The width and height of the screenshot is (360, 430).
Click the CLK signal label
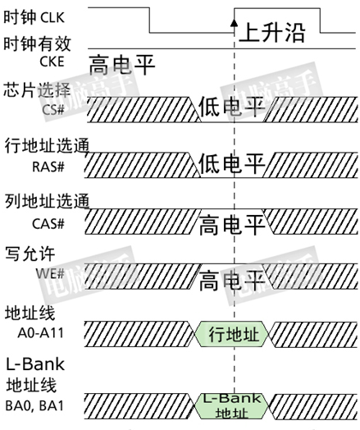click(x=52, y=18)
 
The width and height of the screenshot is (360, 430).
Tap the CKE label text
click(x=52, y=62)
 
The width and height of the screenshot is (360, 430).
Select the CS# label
click(x=53, y=110)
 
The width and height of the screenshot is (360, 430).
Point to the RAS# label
click(x=48, y=167)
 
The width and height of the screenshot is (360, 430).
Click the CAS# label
click(x=48, y=224)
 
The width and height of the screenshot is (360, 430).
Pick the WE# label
click(x=50, y=273)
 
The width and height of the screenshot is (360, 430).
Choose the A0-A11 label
click(x=41, y=333)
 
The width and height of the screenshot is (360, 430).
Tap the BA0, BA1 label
click(x=34, y=405)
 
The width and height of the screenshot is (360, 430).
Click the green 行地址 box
click(x=232, y=334)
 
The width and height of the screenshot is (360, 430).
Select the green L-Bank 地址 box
click(x=232, y=406)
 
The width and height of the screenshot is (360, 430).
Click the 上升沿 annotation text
click(x=272, y=32)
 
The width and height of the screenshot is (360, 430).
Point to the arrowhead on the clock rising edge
click(x=234, y=22)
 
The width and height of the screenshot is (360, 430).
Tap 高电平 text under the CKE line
click(x=122, y=65)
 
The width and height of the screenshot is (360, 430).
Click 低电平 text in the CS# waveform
click(x=232, y=107)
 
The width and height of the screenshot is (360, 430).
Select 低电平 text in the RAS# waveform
click(x=232, y=163)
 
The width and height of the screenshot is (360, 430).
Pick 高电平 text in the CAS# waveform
click(x=232, y=225)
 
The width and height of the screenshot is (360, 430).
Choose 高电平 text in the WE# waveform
click(x=232, y=281)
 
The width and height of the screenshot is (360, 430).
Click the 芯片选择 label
click(x=37, y=90)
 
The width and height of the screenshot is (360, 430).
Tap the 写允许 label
click(x=30, y=254)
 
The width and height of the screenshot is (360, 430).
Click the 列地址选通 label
click(x=47, y=201)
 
